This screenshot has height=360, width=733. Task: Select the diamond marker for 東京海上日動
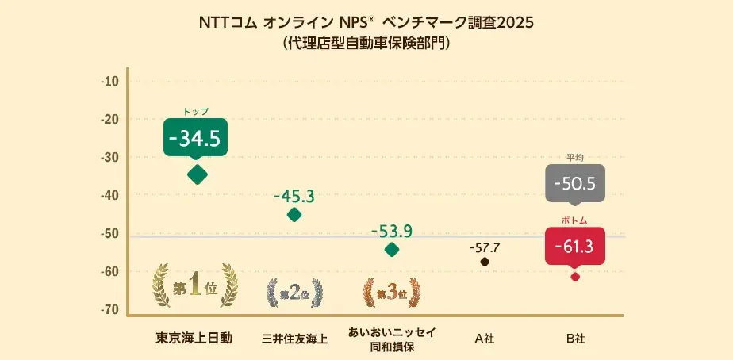pos(197,174)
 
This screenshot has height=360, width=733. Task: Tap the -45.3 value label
pos(294,195)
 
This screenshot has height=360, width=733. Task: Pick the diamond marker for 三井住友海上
pos(294,214)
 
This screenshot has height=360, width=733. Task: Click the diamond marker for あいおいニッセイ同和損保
pos(392,250)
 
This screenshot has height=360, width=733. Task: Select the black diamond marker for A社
pos(485,262)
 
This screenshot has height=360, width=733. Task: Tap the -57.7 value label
pos(485,247)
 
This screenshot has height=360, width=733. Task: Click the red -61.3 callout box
pos(575,247)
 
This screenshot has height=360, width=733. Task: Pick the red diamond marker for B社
pos(575,276)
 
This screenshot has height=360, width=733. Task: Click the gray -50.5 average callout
pos(575,184)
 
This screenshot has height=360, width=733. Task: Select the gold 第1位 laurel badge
pos(195,286)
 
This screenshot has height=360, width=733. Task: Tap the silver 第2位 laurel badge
pos(294,293)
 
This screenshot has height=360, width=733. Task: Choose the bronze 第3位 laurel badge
pos(391,293)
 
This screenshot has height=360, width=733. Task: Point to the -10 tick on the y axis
pos(109,82)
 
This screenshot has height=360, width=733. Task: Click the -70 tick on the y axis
pos(109,309)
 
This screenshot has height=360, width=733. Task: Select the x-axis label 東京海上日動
pos(194,338)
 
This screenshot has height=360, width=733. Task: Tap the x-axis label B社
pos(575,339)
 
